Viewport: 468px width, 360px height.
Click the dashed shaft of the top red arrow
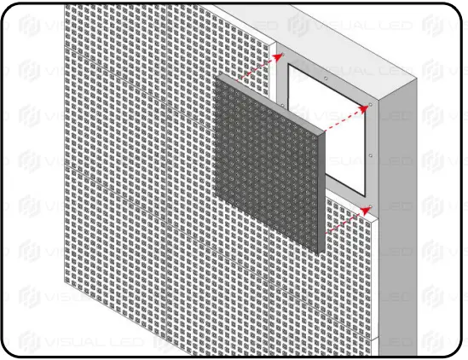click(x=256, y=68)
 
